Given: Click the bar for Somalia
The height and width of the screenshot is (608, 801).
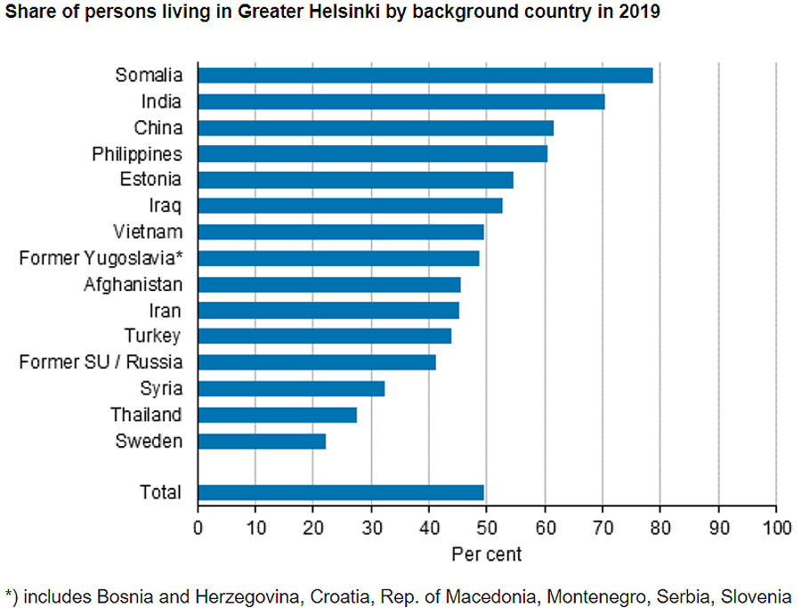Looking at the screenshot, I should [x=425, y=75].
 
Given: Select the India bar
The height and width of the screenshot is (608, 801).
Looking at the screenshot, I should [x=401, y=101].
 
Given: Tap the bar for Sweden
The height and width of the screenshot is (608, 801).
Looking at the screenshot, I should [x=262, y=441].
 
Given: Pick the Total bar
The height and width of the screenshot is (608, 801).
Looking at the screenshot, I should [x=341, y=492].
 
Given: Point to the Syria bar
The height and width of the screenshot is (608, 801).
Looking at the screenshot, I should [x=291, y=388].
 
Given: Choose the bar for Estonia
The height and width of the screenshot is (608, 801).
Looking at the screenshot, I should [x=355, y=179].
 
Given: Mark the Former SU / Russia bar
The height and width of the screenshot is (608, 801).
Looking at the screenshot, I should [x=317, y=362].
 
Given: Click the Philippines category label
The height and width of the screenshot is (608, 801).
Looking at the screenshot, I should [x=137, y=154].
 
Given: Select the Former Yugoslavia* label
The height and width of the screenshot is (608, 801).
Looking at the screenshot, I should [x=101, y=258].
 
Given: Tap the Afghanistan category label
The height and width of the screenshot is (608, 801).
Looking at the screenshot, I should [x=133, y=285].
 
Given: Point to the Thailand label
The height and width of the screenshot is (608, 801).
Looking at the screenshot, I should [x=146, y=415].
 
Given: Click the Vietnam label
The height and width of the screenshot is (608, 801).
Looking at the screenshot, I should [x=148, y=232].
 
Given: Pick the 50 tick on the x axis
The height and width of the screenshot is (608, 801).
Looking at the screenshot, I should [x=487, y=526].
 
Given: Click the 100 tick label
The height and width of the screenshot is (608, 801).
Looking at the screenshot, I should [x=776, y=526].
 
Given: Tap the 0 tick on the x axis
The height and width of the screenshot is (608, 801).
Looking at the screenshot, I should [x=198, y=526].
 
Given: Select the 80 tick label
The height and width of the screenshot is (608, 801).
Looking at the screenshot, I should [x=660, y=526].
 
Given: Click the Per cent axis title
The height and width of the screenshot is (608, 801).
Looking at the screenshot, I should [x=486, y=554].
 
